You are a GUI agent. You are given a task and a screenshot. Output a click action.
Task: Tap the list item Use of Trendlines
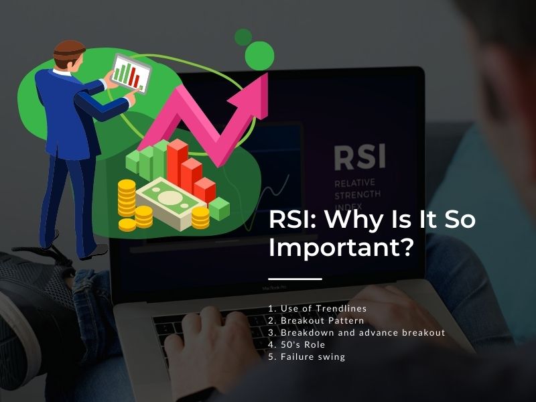coord(318,308)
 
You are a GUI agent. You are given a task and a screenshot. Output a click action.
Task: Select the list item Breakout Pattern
coord(316,321)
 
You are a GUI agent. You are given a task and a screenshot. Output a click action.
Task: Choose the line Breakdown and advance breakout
coord(356,332)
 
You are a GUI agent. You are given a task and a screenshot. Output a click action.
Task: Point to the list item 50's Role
coord(296,344)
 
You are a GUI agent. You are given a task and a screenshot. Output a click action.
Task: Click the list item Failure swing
coord(307,357)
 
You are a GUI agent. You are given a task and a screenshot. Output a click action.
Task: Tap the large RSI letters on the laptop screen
coord(360,157)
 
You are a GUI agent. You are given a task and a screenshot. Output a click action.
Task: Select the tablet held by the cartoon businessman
coord(131,74)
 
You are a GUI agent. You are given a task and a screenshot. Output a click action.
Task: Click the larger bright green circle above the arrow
coord(259,56)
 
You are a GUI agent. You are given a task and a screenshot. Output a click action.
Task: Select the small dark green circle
coord(243,38)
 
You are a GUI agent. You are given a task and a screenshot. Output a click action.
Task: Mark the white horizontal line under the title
coord(295,279)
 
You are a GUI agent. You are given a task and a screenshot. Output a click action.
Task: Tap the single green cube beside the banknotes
coord(219,208)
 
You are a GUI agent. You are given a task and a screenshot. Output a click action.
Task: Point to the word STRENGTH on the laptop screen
coord(357,195)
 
